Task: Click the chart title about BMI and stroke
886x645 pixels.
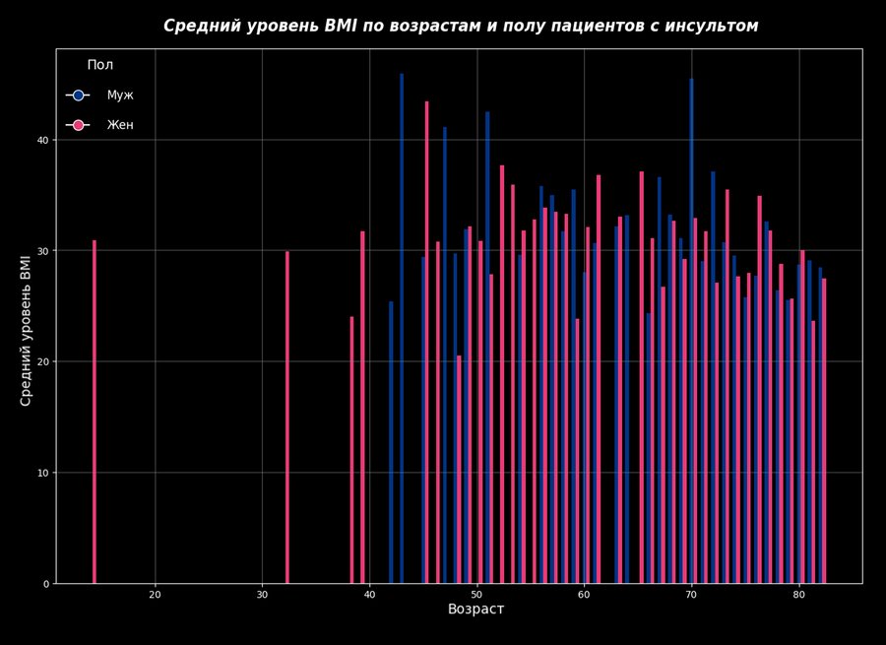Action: coord(461,26)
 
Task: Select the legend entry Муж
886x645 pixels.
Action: coord(119,96)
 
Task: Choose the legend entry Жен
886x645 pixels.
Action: coord(119,125)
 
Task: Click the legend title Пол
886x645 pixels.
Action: coord(99,65)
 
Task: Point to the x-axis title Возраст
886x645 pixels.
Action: coord(475,610)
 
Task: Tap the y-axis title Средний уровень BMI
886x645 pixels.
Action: coord(27,330)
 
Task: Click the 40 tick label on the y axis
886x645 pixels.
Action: coord(41,140)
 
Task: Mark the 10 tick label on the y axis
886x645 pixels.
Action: coord(41,473)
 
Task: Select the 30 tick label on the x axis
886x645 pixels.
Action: coord(262,595)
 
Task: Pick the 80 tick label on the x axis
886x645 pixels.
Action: coord(798,595)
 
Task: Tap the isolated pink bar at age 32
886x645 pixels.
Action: coord(287,418)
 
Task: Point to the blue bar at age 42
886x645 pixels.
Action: coord(391,442)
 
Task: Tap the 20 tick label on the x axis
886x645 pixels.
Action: coord(155,595)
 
